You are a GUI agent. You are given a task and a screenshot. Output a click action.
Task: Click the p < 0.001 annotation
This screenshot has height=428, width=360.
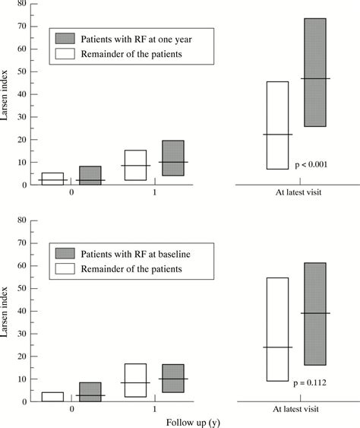(x=311, y=165)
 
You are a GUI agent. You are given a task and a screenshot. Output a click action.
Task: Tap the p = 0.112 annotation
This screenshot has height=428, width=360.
(x=310, y=382)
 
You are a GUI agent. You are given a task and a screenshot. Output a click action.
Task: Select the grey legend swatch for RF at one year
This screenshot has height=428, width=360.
(x=65, y=39)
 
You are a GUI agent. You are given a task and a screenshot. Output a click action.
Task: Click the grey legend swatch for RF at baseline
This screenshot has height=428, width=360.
(x=65, y=253)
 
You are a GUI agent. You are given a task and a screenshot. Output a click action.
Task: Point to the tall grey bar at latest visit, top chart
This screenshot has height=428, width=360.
(x=315, y=72)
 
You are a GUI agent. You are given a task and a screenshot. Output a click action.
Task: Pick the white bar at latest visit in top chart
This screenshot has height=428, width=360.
(x=277, y=125)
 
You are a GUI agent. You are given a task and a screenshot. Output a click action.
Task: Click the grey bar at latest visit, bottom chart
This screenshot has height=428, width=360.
(x=315, y=314)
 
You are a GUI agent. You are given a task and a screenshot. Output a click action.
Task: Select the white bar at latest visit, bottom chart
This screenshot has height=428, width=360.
(x=277, y=329)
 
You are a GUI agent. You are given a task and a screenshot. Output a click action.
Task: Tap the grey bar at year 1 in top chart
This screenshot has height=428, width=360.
(x=173, y=158)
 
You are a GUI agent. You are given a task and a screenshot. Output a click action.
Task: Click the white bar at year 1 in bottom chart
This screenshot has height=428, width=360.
(x=135, y=380)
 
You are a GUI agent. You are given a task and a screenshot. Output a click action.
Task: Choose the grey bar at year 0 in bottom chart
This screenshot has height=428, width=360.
(x=90, y=392)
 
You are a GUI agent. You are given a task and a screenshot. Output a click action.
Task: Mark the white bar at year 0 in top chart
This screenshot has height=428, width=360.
(x=52, y=179)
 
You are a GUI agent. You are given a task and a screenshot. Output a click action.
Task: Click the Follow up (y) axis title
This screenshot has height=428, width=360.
(x=193, y=423)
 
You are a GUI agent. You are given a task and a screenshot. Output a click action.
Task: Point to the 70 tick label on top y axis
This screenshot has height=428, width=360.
(x=22, y=26)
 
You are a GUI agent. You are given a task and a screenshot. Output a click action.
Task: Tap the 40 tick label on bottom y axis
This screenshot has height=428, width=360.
(x=22, y=311)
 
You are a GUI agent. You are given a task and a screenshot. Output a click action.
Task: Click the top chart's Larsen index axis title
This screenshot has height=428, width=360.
(x=4, y=95)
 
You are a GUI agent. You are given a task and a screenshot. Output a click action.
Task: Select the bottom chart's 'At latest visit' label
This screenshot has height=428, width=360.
(x=296, y=409)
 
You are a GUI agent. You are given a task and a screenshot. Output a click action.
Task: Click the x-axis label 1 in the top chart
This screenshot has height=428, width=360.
(x=155, y=192)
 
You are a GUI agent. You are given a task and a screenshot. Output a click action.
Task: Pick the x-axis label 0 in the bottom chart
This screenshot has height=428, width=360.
(x=71, y=409)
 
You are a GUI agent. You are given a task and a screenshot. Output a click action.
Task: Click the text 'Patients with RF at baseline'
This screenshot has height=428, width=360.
(x=135, y=254)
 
